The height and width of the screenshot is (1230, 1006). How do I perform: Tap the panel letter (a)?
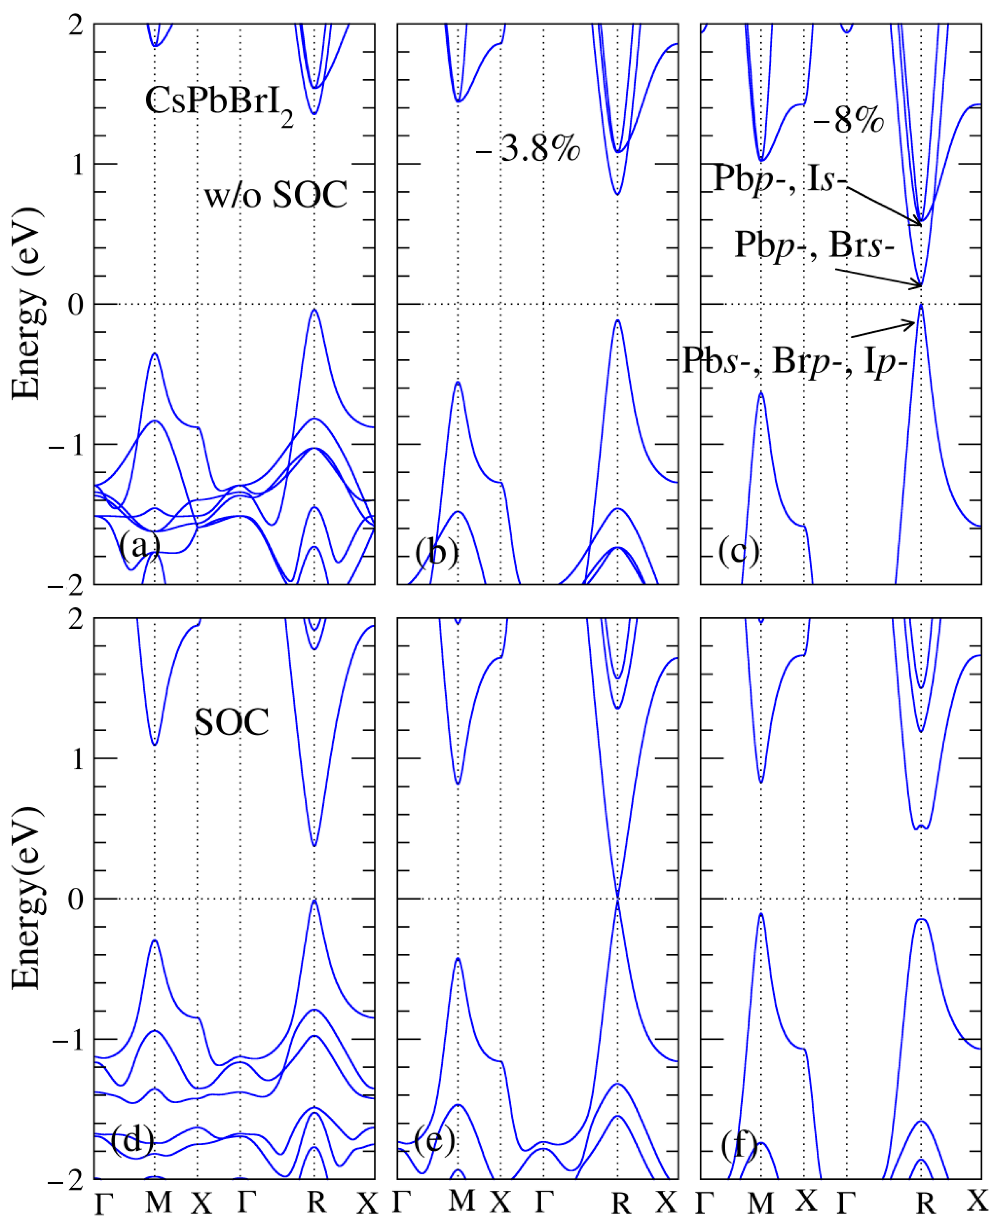(139, 545)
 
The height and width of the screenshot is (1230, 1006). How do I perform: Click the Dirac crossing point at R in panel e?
(618, 899)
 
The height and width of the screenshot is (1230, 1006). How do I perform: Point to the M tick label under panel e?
(461, 1201)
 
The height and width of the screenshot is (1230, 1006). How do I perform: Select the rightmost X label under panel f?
(977, 1201)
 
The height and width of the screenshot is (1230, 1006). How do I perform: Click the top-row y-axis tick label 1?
(76, 165)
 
